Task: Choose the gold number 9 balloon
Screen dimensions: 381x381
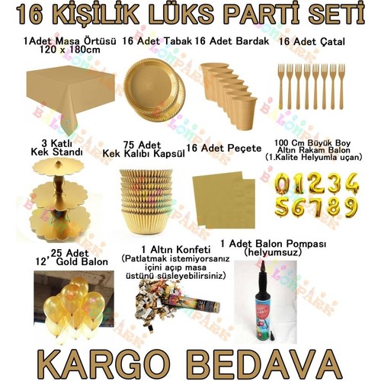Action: tap(351, 207)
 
